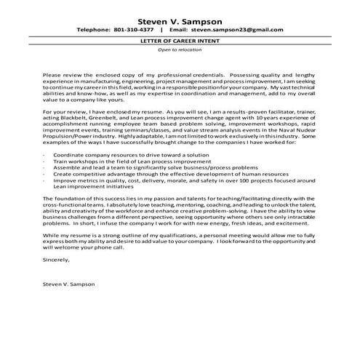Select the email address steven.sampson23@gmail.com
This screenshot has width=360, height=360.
(241, 31)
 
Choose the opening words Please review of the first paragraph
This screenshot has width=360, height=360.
(62, 75)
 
